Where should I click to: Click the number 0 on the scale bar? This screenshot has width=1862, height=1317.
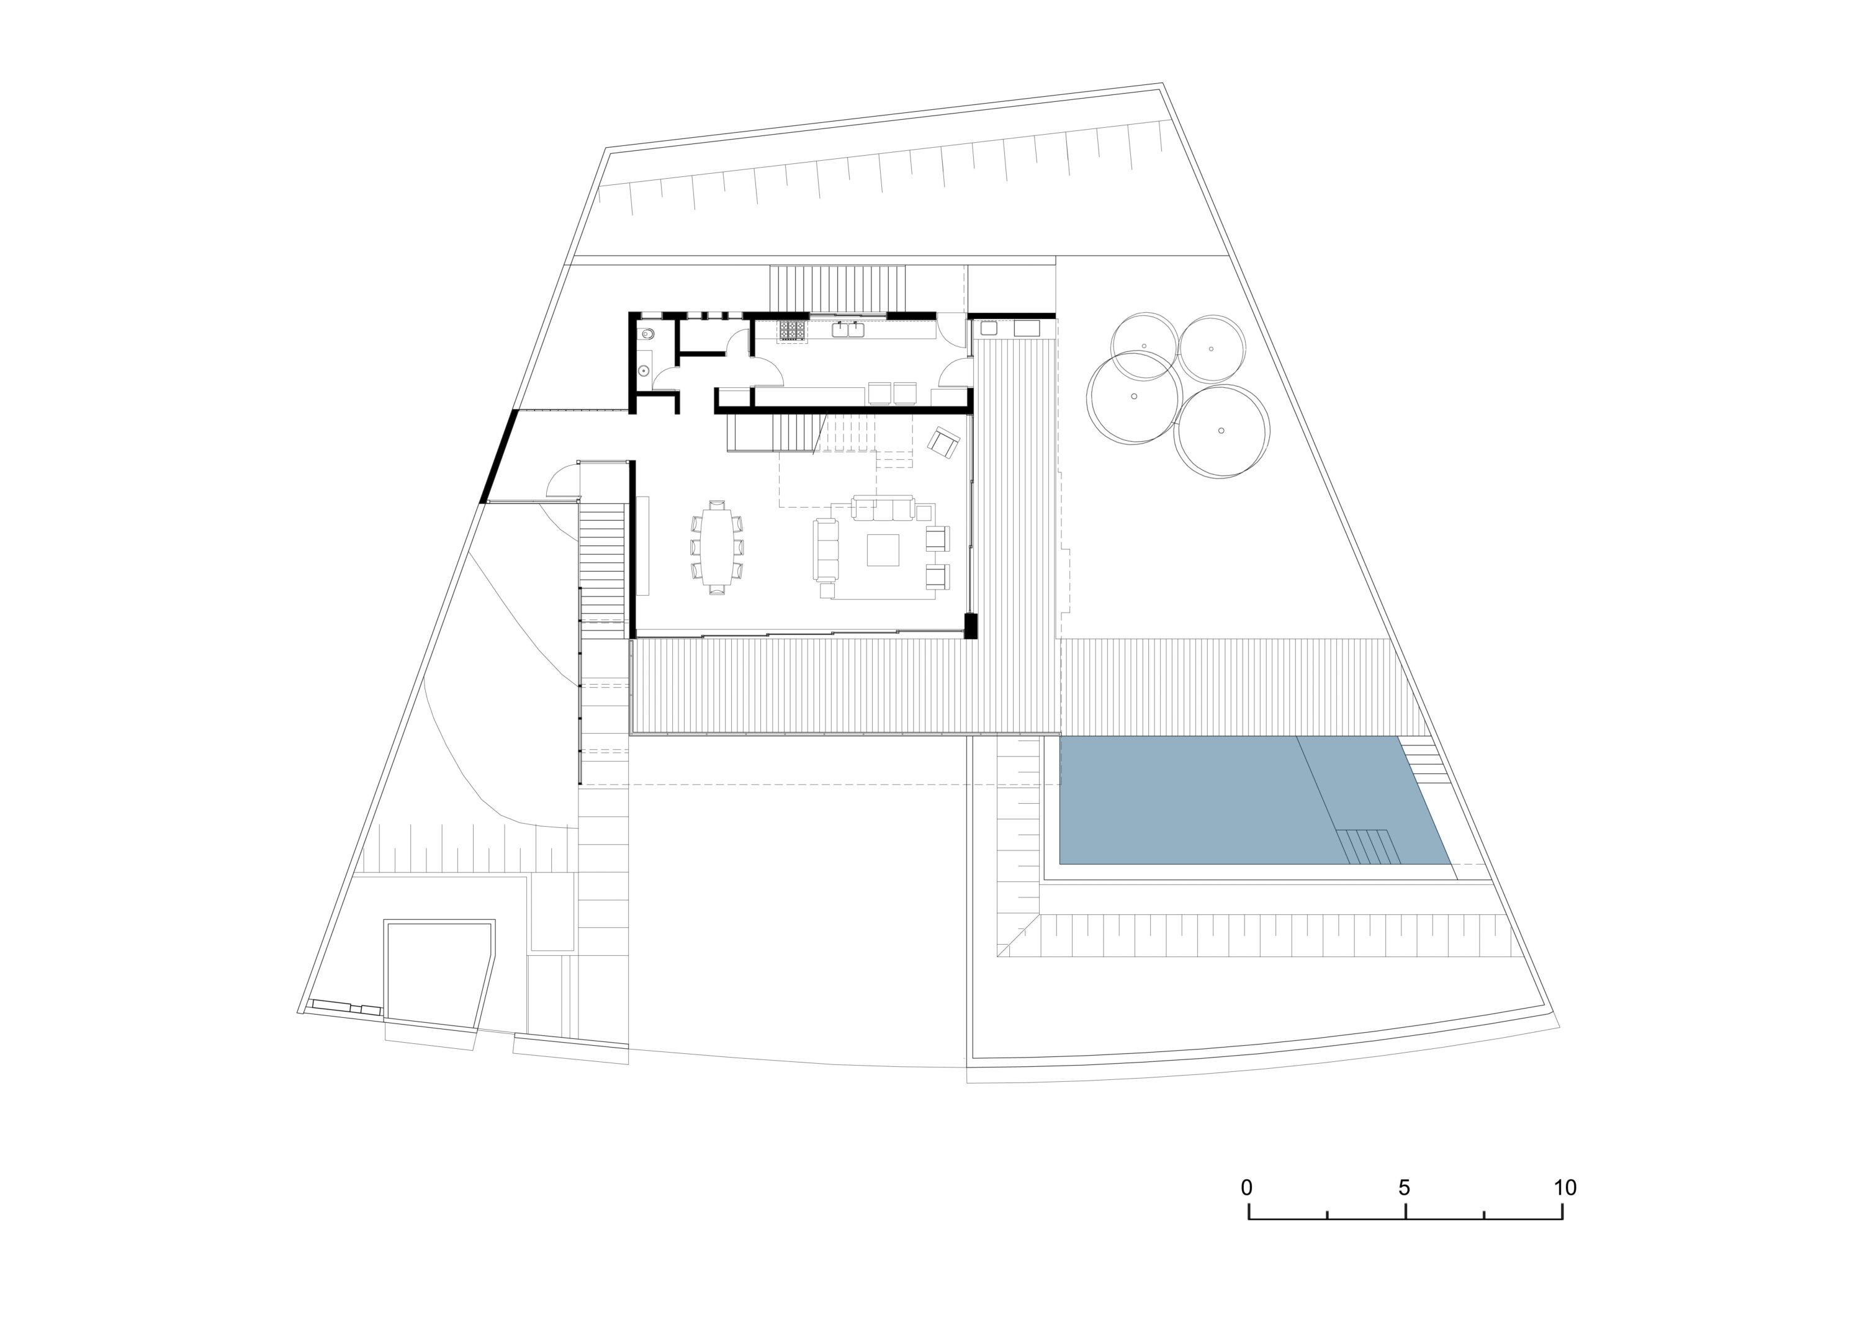click(1246, 1188)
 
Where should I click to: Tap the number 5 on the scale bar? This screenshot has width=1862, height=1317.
click(1404, 1188)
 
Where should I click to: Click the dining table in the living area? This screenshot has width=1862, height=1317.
click(716, 547)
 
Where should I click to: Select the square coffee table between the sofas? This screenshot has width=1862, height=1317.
click(883, 550)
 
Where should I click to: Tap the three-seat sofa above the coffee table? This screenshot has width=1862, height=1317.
click(883, 508)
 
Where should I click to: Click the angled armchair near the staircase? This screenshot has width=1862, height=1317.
click(944, 442)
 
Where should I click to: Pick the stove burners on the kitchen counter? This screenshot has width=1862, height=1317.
click(793, 330)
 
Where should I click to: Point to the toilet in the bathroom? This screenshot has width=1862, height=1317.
click(648, 333)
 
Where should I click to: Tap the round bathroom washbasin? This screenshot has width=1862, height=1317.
click(645, 371)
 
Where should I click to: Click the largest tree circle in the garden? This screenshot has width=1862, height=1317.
click(1134, 397)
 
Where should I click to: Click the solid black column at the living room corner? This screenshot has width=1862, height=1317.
click(971, 624)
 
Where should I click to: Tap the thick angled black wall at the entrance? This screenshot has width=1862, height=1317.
click(499, 457)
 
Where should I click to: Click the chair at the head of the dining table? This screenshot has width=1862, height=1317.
click(716, 505)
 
